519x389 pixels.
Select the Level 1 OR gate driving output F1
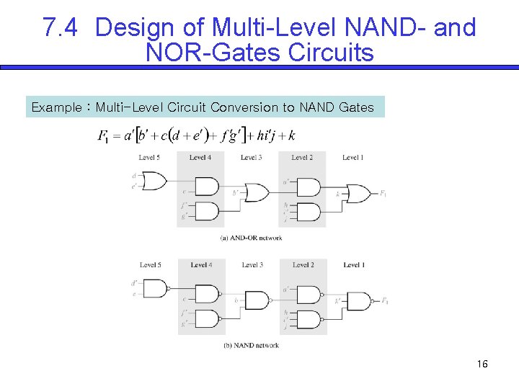point(358,193)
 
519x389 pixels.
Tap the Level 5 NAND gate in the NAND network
point(155,288)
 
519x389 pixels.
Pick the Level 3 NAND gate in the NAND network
point(256,299)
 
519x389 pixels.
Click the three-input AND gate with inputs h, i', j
point(308,212)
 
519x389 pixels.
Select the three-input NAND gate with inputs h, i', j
point(309,319)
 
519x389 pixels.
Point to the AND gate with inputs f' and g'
point(206,211)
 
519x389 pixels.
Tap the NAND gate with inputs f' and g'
point(207,318)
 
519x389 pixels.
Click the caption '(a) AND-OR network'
point(252,238)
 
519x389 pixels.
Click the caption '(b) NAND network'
point(252,346)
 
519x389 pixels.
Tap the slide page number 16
point(482,365)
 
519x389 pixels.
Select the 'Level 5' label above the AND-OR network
point(149,158)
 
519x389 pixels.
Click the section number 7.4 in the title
point(61,27)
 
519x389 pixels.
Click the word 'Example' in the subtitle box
point(56,107)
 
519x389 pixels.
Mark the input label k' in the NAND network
point(337,300)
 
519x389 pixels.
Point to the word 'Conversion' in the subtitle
point(244,107)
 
